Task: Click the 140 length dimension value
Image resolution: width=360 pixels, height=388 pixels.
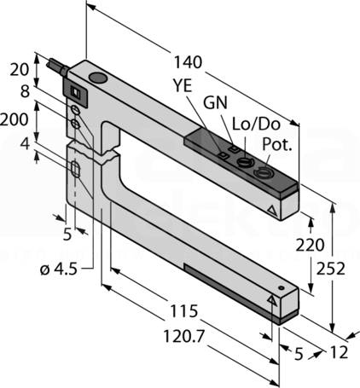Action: [x=188, y=62]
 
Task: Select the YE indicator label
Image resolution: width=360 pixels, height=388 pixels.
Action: [x=183, y=85]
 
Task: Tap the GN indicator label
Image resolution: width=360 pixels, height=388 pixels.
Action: [x=216, y=102]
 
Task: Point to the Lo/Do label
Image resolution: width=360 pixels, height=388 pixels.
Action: [x=256, y=124]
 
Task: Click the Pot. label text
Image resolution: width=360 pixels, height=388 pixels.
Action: [x=277, y=144]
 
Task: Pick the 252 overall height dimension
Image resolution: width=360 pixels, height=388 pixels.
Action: [x=331, y=269]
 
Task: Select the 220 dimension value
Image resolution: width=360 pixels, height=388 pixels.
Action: [x=310, y=245]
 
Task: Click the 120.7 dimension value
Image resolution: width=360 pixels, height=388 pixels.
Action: [x=184, y=337]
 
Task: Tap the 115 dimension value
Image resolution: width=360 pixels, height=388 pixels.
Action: [x=183, y=310]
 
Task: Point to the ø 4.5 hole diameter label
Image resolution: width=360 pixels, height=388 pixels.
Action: [x=59, y=269]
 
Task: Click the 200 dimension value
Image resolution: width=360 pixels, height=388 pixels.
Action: [x=15, y=119]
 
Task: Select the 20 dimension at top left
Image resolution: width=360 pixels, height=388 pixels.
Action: [x=20, y=70]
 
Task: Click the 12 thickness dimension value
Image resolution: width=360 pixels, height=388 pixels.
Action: [x=339, y=353]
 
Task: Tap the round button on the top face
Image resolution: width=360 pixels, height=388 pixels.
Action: [x=98, y=78]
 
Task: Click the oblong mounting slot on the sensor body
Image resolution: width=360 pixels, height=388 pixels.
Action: [x=76, y=170]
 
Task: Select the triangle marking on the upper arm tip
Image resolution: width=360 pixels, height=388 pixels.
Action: [x=272, y=211]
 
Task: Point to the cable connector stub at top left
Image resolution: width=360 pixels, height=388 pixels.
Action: [x=58, y=67]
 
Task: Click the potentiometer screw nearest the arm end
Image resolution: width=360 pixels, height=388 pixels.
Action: [x=262, y=172]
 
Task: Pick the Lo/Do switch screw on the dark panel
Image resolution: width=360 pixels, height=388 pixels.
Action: [x=245, y=162]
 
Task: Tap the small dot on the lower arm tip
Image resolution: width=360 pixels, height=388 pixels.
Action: [x=282, y=288]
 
